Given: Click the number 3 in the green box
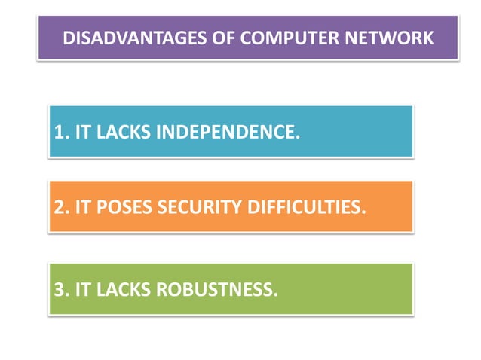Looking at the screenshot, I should click(58, 288).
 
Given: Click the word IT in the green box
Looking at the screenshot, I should click(82, 288).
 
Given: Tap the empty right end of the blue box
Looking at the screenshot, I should click(362, 133).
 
